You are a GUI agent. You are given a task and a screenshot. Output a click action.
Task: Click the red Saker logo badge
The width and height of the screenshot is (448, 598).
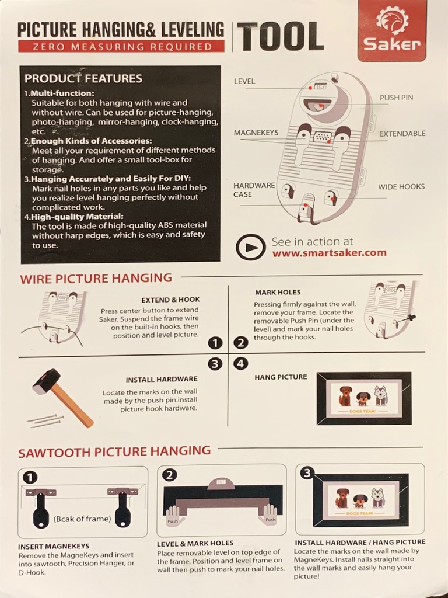(391, 30)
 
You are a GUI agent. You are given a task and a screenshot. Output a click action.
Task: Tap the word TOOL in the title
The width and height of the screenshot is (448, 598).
(281, 37)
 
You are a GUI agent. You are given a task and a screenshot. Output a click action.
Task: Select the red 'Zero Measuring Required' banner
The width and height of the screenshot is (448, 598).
(121, 47)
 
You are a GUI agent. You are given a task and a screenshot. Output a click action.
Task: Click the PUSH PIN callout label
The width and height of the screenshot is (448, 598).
(396, 98)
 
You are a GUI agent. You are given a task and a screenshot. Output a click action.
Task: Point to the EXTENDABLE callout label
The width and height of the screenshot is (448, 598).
(402, 134)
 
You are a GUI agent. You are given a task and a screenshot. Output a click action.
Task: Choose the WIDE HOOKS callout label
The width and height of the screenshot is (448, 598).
(401, 186)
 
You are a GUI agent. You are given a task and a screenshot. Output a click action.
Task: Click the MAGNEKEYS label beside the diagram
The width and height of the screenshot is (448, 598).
(256, 133)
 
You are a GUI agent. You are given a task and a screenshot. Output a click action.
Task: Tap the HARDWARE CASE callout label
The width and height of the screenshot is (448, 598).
(254, 190)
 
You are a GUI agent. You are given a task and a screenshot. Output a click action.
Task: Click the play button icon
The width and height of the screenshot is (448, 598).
(250, 248)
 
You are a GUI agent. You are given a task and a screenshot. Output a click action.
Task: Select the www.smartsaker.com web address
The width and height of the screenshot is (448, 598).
(330, 253)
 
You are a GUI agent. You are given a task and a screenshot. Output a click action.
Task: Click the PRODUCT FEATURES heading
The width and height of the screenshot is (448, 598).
(83, 79)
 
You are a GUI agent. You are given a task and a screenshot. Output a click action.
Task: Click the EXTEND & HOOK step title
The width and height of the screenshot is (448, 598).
(170, 300)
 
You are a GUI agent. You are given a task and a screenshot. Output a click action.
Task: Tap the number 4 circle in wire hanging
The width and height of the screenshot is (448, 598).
(240, 364)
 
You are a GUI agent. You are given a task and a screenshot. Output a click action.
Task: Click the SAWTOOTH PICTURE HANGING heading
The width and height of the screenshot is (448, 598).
(114, 451)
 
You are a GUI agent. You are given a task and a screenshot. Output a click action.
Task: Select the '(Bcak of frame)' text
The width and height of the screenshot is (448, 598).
(82, 519)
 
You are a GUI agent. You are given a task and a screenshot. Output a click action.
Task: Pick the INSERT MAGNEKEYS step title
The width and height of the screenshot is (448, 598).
(54, 546)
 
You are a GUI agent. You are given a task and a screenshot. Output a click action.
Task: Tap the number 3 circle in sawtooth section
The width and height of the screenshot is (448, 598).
(307, 473)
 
